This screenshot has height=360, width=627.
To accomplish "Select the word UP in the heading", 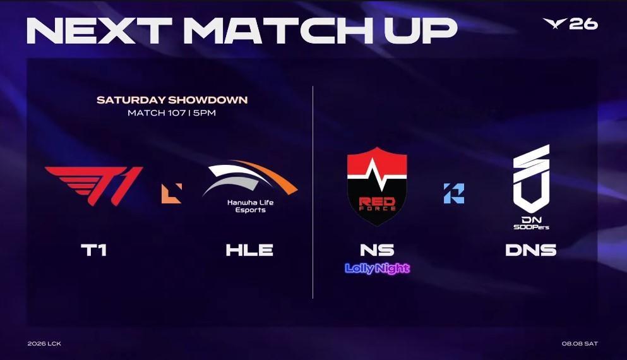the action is pos(421,30).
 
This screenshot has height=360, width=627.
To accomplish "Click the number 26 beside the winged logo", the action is pos(584,24).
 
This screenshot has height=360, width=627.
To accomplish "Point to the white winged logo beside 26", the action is pos(555,23).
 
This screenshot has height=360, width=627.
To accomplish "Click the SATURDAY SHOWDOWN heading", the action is pos(172,100).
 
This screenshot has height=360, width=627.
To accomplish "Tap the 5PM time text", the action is pos(205,113).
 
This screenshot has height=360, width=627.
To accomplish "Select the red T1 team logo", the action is pos(94,186).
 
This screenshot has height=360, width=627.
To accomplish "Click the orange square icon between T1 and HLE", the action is pos(172,193).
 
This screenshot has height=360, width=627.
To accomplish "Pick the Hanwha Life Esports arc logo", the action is pos(250,178).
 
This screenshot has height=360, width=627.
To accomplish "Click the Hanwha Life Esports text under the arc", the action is pos(250,206).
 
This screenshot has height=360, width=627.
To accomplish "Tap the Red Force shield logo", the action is pos(377,186).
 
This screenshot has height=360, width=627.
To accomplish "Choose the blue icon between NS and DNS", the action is pos(454,193).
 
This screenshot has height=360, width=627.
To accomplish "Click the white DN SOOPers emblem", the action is pos(532,187).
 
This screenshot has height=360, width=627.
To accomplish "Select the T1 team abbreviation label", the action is pos(94,250).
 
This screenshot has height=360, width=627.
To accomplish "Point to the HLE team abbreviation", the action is pos(249,250).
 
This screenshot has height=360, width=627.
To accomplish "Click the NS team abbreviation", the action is pos(377,250).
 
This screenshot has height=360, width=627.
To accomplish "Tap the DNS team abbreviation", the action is pos(531,250).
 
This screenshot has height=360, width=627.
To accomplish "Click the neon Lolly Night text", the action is pos(378,268).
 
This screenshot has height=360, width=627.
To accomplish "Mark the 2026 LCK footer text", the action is pos(44,344).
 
